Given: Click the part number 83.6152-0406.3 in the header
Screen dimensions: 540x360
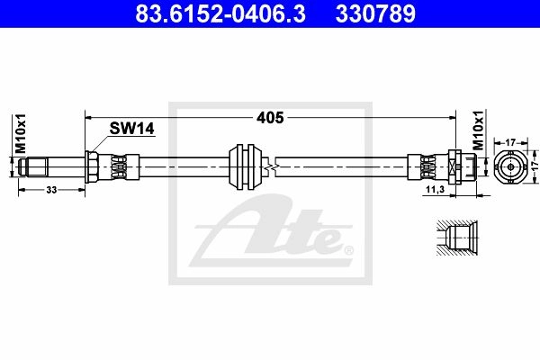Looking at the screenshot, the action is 220,13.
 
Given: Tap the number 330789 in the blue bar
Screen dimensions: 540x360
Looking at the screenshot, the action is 375,13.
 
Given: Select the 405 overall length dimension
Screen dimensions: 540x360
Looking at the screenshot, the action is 270,118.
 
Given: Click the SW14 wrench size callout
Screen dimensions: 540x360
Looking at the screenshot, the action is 132,129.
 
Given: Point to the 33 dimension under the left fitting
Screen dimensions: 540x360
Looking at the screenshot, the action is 51,190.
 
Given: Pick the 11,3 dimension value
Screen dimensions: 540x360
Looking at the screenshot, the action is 436,189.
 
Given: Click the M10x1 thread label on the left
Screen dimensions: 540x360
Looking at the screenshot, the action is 21,133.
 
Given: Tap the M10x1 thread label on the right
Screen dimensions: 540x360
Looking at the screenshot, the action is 478,130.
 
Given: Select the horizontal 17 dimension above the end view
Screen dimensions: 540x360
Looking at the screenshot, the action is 510,142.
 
